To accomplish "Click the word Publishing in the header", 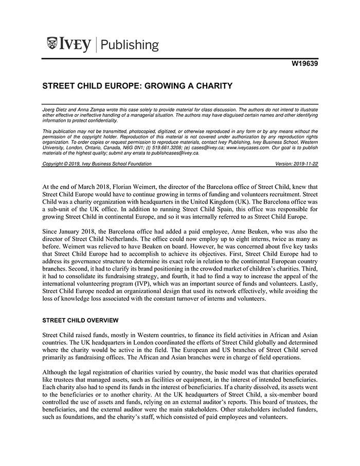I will pos(130,45).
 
